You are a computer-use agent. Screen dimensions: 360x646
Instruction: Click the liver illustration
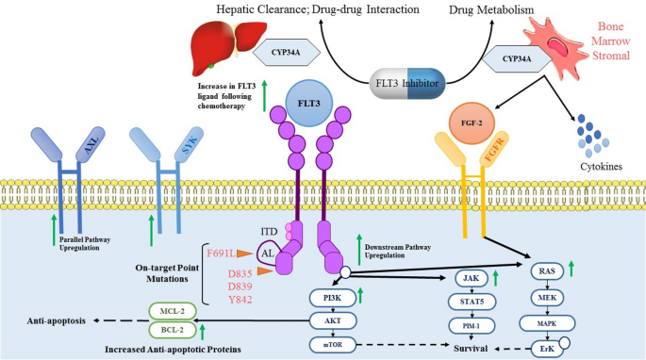224,42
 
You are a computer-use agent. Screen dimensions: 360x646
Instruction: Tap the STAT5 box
471,303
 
